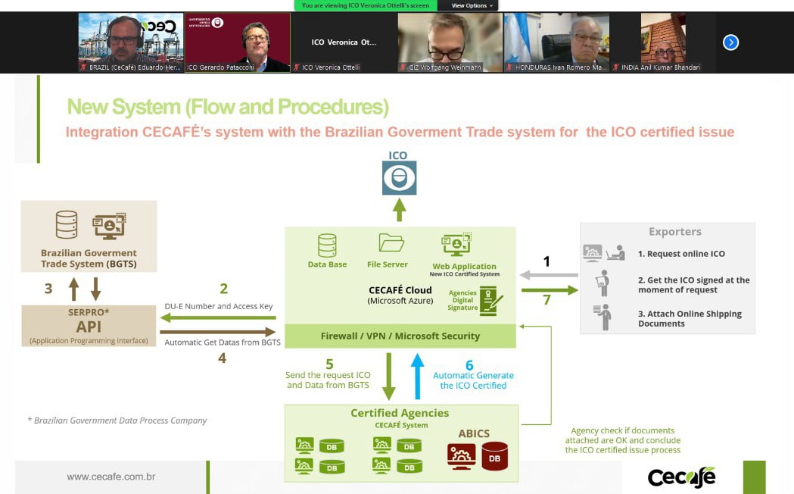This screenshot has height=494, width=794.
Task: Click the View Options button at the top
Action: (x=472, y=5)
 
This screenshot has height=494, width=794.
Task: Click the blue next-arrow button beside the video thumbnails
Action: (x=730, y=42)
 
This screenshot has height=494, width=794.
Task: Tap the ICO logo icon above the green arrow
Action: (x=399, y=178)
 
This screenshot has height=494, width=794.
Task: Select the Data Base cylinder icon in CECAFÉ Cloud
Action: (x=327, y=245)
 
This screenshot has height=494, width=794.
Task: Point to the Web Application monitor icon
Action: (x=456, y=245)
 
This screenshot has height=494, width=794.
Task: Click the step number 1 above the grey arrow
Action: (x=546, y=261)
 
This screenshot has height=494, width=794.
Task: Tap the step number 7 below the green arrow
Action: (x=546, y=300)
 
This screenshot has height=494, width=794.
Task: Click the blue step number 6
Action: (x=469, y=364)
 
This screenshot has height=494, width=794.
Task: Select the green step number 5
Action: (x=329, y=364)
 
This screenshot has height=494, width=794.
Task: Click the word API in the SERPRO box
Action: (x=89, y=327)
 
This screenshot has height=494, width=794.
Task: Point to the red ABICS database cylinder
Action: (x=495, y=456)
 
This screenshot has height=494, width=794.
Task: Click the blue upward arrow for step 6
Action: (x=417, y=377)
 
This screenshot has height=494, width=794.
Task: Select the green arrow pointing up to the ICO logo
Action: (x=399, y=209)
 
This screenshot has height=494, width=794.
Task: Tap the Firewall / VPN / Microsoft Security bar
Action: (x=400, y=336)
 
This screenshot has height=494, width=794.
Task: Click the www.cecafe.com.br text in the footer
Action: (x=111, y=477)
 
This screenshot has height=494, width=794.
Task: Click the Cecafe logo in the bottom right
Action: (x=681, y=477)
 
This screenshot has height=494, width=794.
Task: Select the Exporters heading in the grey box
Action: (x=675, y=232)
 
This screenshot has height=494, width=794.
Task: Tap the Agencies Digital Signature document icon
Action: (x=491, y=301)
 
